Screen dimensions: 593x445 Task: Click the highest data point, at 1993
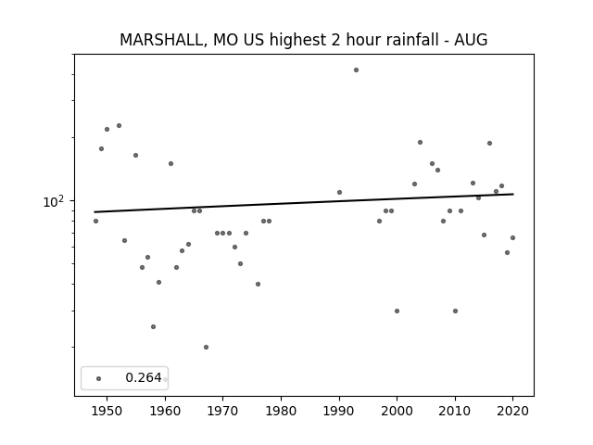pyautogui.click(x=356, y=70)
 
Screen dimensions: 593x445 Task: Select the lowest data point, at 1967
pyautogui.click(x=206, y=347)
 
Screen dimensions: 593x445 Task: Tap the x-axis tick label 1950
pyautogui.click(x=107, y=411)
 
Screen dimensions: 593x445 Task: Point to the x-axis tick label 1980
pyautogui.click(x=281, y=411)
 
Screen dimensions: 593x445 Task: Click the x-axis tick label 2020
pyautogui.click(x=512, y=411)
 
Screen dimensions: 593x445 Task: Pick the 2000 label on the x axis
pyautogui.click(x=397, y=411)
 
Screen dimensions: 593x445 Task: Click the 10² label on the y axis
pyautogui.click(x=54, y=201)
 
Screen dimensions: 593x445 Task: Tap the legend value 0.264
pyautogui.click(x=144, y=377)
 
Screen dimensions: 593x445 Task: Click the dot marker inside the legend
pyautogui.click(x=99, y=378)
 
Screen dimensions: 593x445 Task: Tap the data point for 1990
pyautogui.click(x=340, y=192)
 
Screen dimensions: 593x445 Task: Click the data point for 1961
pyautogui.click(x=170, y=163)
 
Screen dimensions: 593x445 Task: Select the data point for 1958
pyautogui.click(x=153, y=326)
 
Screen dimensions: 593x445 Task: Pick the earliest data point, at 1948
pyautogui.click(x=95, y=221)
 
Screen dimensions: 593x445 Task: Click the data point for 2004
pyautogui.click(x=420, y=142)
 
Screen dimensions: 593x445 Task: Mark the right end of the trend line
pyautogui.click(x=513, y=194)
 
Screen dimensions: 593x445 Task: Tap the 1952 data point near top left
pyautogui.click(x=120, y=126)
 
